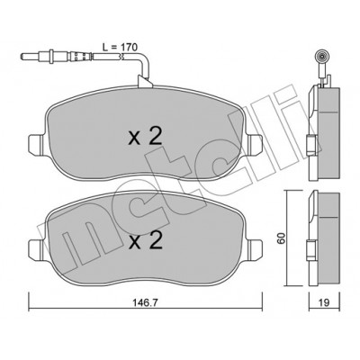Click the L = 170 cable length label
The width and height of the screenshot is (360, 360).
pos(120,47)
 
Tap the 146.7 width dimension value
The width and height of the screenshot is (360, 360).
pos(146,303)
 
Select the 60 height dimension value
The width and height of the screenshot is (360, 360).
pos(282,238)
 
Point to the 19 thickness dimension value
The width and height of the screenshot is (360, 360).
pos(324,303)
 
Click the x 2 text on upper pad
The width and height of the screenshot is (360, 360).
pos(146,138)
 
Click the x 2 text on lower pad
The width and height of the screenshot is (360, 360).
pos(146,240)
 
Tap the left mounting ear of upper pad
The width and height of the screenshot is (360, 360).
pos(36,145)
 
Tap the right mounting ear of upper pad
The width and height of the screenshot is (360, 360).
pos(255,145)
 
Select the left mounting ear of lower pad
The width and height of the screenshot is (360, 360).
pos(36,248)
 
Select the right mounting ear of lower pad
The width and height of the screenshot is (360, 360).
pos(255,248)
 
